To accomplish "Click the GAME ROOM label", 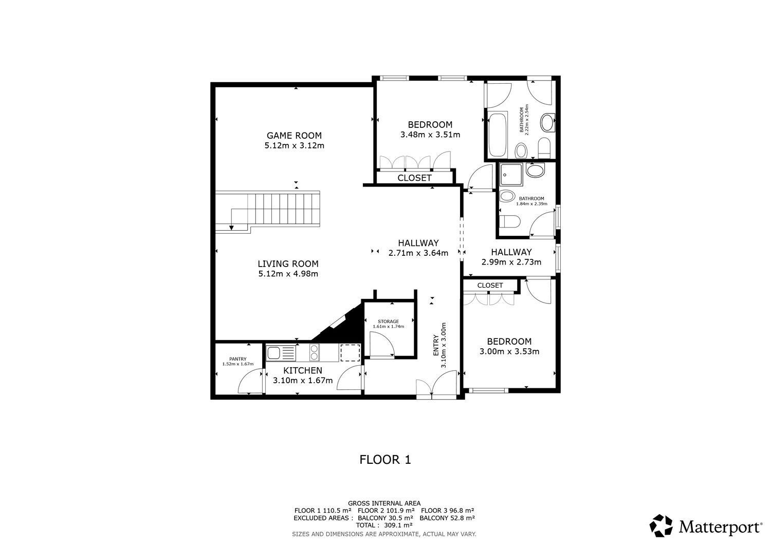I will point(294,136).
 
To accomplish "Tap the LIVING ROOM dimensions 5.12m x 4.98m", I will point(288,274).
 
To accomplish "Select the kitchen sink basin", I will point(274,352).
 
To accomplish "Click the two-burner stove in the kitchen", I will point(313,352).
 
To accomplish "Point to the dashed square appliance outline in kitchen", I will point(350,352).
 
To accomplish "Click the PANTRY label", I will point(238,359).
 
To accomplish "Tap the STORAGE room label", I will point(388,322).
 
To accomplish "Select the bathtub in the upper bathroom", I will point(497,135).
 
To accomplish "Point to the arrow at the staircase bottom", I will point(232,227).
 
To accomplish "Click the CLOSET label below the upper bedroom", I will point(414,178).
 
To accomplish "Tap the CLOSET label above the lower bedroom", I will point(490,285).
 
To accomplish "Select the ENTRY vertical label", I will point(435,346).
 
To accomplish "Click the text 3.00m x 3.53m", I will point(509,352).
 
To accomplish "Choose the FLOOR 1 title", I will point(385,460).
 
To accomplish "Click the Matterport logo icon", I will point(661,526).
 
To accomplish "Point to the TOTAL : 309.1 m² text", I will point(384,525).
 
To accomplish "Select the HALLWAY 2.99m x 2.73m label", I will point(511,257).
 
